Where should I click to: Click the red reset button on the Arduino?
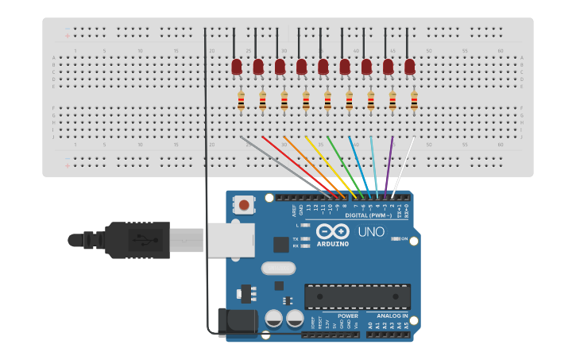click(x=245, y=206)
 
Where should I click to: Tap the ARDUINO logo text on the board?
click(x=332, y=243)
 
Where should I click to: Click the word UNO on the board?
click(x=371, y=232)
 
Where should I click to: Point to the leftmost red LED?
click(x=237, y=67)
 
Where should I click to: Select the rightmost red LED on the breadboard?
click(x=410, y=67)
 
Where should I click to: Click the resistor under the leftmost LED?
click(x=242, y=101)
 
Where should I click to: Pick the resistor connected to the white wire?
click(x=414, y=101)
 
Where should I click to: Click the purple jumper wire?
click(x=389, y=167)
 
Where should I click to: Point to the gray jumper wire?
click(x=286, y=166)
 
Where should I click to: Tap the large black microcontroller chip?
click(x=358, y=296)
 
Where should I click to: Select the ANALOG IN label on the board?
click(x=392, y=315)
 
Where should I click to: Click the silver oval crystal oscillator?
click(x=278, y=269)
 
